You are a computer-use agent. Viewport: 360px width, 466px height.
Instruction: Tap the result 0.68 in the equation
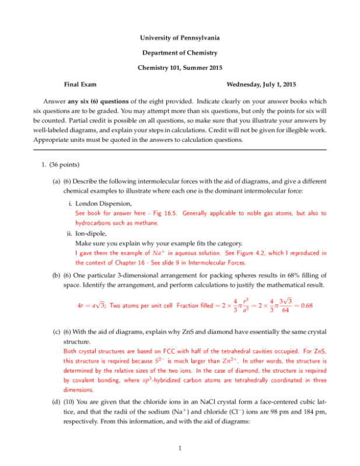309,304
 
